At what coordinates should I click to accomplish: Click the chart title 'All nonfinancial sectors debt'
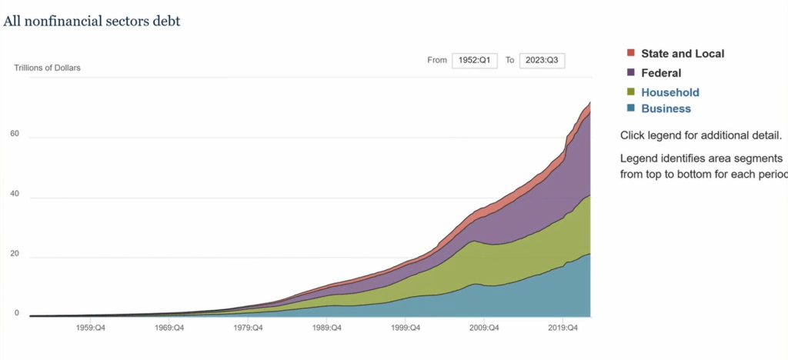[x=92, y=22]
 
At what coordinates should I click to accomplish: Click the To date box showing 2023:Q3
[x=542, y=60]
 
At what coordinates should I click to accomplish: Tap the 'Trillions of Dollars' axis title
[x=48, y=68]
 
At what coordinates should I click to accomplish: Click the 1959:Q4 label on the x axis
[x=89, y=328]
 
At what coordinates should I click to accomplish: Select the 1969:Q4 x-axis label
[x=169, y=328]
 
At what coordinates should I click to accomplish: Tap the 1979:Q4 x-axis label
[x=248, y=328]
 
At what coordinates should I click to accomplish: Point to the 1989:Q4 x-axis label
[x=326, y=328]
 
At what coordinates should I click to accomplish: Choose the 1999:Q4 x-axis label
[x=406, y=328]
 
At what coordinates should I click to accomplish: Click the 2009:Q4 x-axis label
[x=484, y=328]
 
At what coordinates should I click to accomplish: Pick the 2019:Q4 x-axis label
[x=563, y=328]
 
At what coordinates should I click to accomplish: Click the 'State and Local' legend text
[x=683, y=54]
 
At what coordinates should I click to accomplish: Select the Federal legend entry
[x=661, y=73]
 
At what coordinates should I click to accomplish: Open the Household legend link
[x=670, y=92]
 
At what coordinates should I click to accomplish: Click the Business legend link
[x=666, y=108]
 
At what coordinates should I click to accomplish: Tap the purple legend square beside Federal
[x=631, y=72]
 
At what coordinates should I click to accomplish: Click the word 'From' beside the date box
[x=437, y=60]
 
